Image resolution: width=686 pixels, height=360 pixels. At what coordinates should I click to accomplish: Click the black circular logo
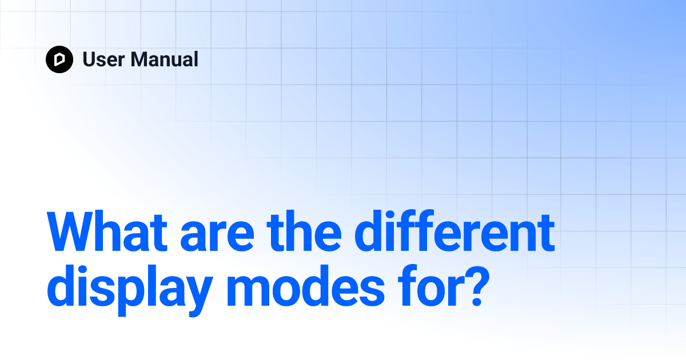[59, 59]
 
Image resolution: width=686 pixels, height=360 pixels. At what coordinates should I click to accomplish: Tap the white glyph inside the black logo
[59, 59]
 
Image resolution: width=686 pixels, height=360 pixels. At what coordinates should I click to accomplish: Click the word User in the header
[102, 59]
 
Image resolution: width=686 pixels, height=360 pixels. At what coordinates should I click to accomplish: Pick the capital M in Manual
[139, 59]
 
